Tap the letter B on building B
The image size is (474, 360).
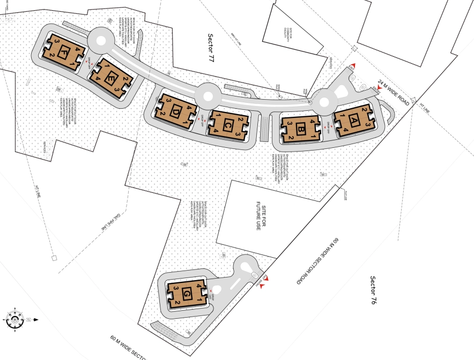(x=301, y=128)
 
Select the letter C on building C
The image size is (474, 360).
(x=228, y=125)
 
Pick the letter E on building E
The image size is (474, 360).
(x=111, y=79)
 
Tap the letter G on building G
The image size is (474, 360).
(x=187, y=294)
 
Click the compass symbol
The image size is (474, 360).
(x=14, y=320)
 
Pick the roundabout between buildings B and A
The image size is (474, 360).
(x=325, y=101)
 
